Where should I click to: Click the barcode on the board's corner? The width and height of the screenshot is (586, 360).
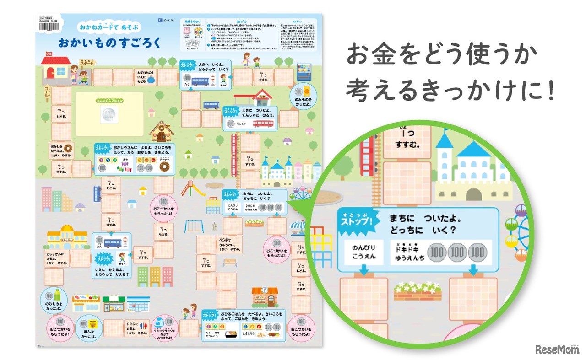click(47, 26)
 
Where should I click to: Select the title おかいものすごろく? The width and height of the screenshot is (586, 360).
click(109, 43)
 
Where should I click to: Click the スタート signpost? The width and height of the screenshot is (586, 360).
click(87, 64)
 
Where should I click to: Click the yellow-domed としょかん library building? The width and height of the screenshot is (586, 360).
click(67, 237)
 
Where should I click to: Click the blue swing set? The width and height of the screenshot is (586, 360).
click(194, 226)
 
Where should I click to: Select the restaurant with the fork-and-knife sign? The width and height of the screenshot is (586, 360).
click(265, 297)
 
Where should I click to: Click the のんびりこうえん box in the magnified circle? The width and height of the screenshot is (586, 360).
click(364, 252)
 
